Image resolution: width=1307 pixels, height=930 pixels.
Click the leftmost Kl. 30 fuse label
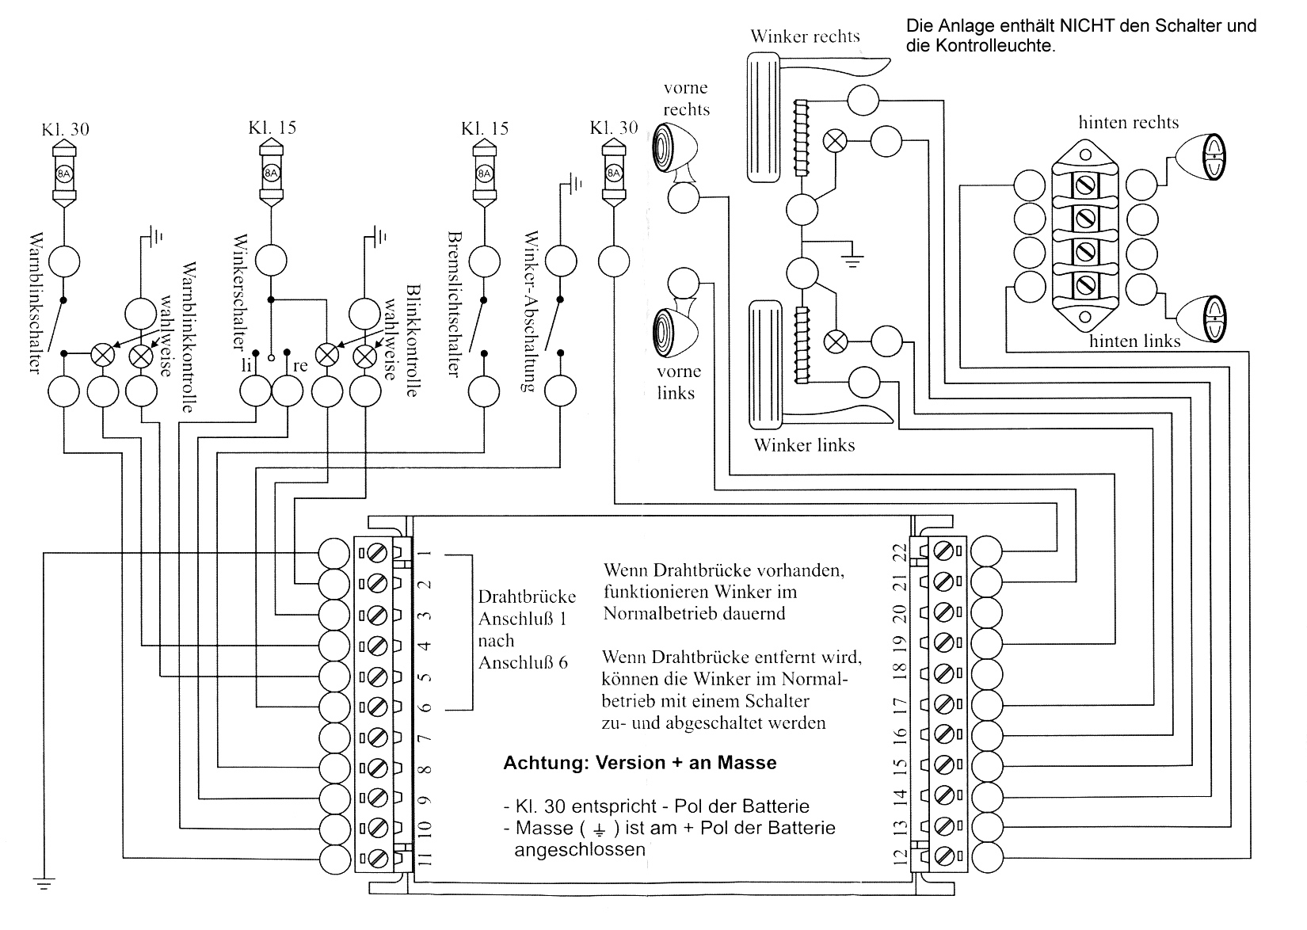65,129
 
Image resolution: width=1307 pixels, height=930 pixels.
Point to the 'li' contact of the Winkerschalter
246,365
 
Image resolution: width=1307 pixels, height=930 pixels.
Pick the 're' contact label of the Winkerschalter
299,366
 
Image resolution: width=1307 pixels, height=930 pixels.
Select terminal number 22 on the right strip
899,551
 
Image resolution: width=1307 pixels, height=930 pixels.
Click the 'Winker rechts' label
805,36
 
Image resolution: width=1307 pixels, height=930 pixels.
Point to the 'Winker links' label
804,444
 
